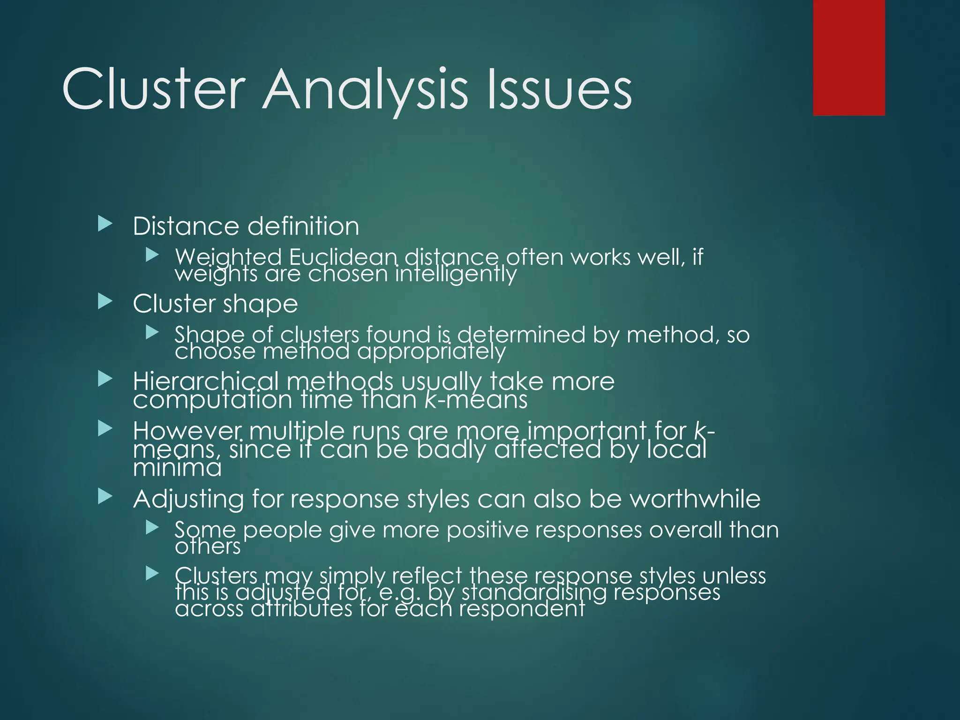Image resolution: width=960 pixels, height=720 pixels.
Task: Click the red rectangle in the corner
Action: tap(849, 57)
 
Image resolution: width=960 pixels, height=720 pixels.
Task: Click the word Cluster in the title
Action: tap(154, 89)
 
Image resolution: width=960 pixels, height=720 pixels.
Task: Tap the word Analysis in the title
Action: tap(366, 90)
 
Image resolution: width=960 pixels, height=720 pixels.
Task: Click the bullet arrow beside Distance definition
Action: tap(105, 224)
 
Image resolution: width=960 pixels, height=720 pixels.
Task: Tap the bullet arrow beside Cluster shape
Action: tap(105, 301)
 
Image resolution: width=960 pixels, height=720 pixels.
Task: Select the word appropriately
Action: tap(431, 352)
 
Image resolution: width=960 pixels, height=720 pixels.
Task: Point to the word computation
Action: tap(213, 400)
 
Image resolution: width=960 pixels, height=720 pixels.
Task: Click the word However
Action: tap(187, 430)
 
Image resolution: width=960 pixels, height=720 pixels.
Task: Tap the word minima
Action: tap(177, 468)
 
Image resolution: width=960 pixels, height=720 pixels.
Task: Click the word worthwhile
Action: tap(695, 498)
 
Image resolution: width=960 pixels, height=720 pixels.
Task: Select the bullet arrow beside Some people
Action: tap(152, 528)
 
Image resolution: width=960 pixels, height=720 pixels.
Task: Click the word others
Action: tap(208, 547)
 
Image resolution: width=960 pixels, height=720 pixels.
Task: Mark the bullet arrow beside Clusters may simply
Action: tap(152, 573)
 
